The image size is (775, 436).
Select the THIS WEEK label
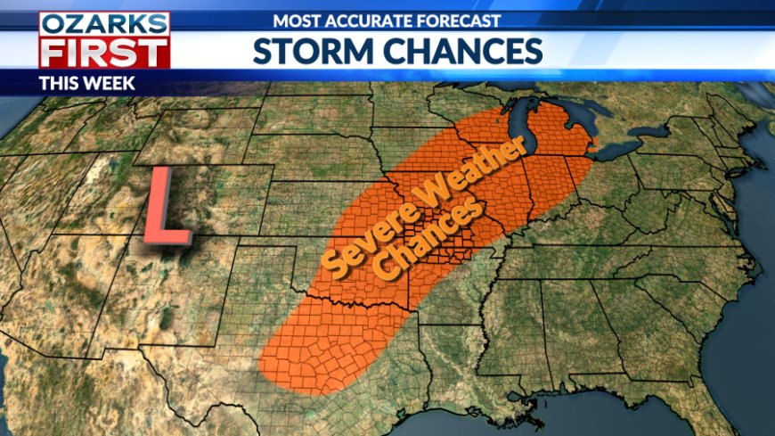[86, 83]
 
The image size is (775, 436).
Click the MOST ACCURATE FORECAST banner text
[387, 20]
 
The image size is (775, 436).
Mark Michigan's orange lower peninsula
[552, 134]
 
